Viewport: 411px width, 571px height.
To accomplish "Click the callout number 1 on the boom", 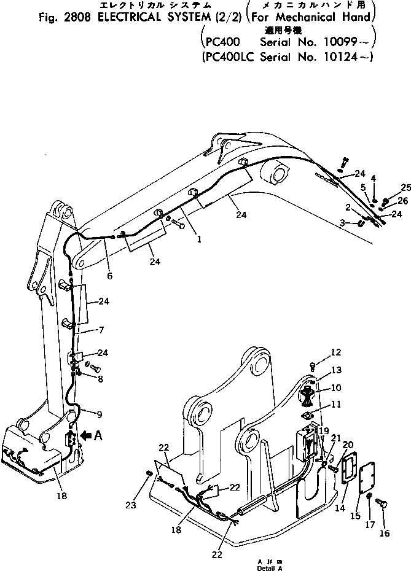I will (x=198, y=241).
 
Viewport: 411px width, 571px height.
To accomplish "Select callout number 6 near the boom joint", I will (x=109, y=276).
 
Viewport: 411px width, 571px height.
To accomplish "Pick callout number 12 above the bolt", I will (x=335, y=352).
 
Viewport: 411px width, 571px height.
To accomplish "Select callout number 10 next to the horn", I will (x=335, y=388).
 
